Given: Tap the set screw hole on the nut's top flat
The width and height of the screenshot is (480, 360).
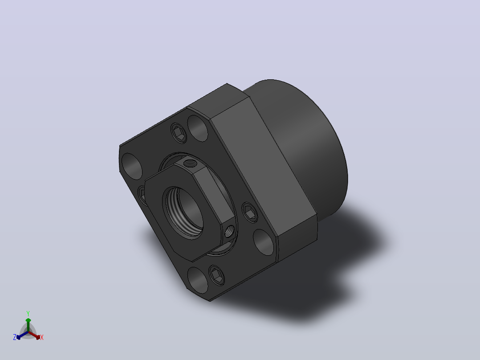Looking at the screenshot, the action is [191, 164].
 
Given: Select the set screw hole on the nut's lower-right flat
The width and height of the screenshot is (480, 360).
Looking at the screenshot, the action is [230, 232].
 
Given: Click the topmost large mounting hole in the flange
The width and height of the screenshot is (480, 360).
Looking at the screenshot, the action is [197, 128].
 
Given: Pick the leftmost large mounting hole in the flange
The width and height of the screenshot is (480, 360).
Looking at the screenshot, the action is [132, 166].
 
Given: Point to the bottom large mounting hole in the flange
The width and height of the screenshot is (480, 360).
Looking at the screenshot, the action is [197, 280].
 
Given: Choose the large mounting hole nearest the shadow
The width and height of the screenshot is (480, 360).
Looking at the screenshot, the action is [264, 242].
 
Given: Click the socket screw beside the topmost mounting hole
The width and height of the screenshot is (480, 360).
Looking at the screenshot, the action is [179, 133].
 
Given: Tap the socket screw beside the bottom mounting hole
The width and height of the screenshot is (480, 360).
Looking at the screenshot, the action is [216, 275].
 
